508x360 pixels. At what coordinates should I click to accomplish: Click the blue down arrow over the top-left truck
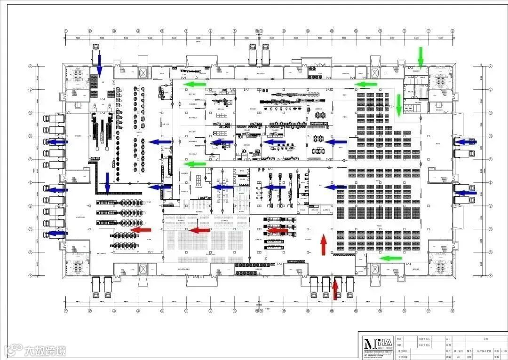pyautogui.click(x=99, y=65)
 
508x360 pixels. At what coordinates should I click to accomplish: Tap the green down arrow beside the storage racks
pyautogui.click(x=399, y=105)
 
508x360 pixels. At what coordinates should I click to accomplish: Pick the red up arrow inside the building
pyautogui.click(x=324, y=245)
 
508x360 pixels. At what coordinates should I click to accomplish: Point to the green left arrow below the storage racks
pyautogui.click(x=391, y=258)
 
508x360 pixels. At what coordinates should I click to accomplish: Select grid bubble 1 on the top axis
pyautogui.click(x=66, y=31)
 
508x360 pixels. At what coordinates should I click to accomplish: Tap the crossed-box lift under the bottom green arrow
pyautogui.click(x=375, y=269)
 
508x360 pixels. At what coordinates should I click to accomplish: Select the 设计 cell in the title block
pyautogui.click(x=448, y=338)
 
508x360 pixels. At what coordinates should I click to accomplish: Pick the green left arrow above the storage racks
pyautogui.click(x=366, y=84)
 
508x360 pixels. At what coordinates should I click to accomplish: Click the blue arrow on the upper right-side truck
pyautogui.click(x=466, y=141)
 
